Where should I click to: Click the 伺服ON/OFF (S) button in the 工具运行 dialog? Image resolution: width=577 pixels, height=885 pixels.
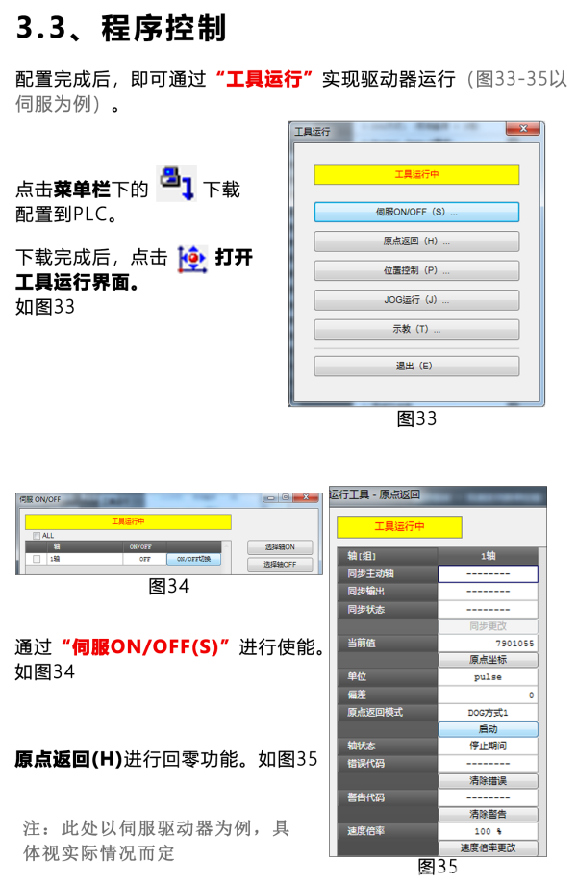coord(416,212)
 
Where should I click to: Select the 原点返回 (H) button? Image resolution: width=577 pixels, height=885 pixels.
coord(416,241)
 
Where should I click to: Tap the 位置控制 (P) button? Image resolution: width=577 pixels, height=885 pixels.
coord(416,271)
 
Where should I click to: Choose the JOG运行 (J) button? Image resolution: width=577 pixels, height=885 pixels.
coord(416,300)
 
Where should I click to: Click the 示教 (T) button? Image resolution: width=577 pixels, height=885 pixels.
coord(416,330)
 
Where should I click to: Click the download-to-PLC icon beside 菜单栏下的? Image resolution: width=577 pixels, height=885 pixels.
coord(176,183)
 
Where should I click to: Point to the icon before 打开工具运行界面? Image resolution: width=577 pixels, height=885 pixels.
coord(192,259)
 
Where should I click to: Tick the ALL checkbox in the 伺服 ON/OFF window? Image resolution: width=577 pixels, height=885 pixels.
coord(37,536)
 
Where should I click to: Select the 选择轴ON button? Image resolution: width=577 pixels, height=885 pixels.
coord(280,547)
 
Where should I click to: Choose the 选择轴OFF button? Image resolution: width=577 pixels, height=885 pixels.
coord(280,565)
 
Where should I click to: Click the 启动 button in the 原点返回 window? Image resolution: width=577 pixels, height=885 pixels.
coord(488,730)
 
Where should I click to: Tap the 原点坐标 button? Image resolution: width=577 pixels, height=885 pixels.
coord(488,660)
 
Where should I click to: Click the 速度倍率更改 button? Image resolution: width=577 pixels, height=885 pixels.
coord(488,847)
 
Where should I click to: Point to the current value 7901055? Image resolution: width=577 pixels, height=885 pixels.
coord(514,643)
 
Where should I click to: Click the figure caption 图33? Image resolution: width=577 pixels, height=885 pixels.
coord(416,418)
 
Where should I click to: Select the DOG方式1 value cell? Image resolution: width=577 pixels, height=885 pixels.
coord(488,713)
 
